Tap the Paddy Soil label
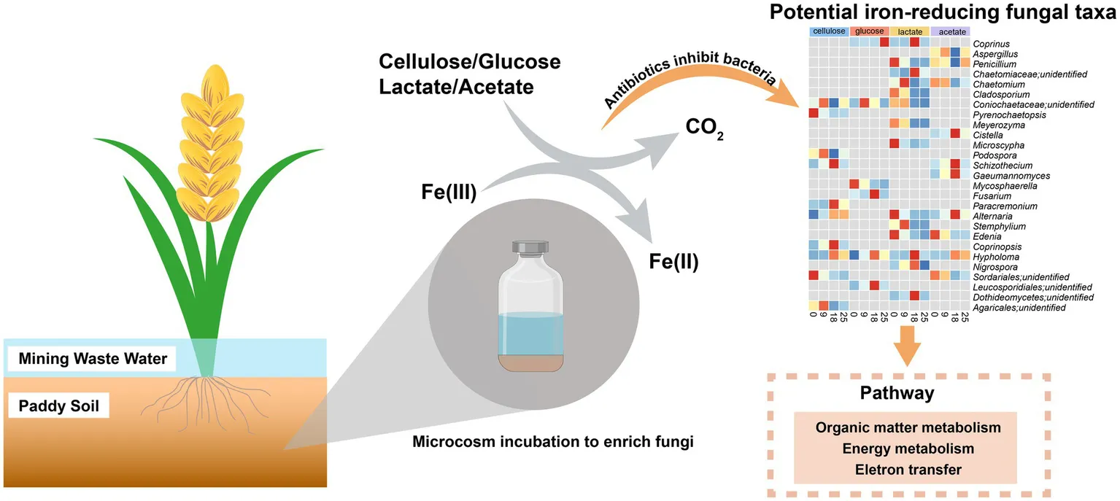click(59, 405)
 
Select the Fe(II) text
click(673, 260)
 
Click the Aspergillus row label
click(997, 54)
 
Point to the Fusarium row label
click(991, 196)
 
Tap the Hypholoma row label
click(995, 257)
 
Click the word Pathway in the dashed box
click(908, 394)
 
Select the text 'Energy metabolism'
click(908, 448)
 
